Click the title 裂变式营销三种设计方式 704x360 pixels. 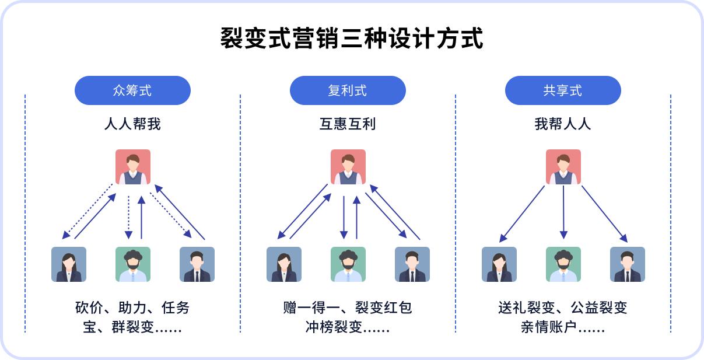352,39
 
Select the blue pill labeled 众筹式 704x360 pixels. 132,90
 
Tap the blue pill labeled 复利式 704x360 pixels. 348,90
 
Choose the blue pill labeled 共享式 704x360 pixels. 563,90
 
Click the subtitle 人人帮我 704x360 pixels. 132,124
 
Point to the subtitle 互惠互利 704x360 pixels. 348,124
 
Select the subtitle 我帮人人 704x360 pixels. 563,124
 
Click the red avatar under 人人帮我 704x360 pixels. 132,167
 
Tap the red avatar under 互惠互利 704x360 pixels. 348,167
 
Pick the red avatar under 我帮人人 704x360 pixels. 563,167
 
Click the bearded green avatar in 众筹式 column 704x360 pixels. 132,264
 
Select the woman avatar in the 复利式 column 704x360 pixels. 284,264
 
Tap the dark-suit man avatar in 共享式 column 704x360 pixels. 627,264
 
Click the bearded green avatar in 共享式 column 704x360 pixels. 563,264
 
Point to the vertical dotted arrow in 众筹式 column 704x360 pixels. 128,217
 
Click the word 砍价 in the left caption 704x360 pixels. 86,307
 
